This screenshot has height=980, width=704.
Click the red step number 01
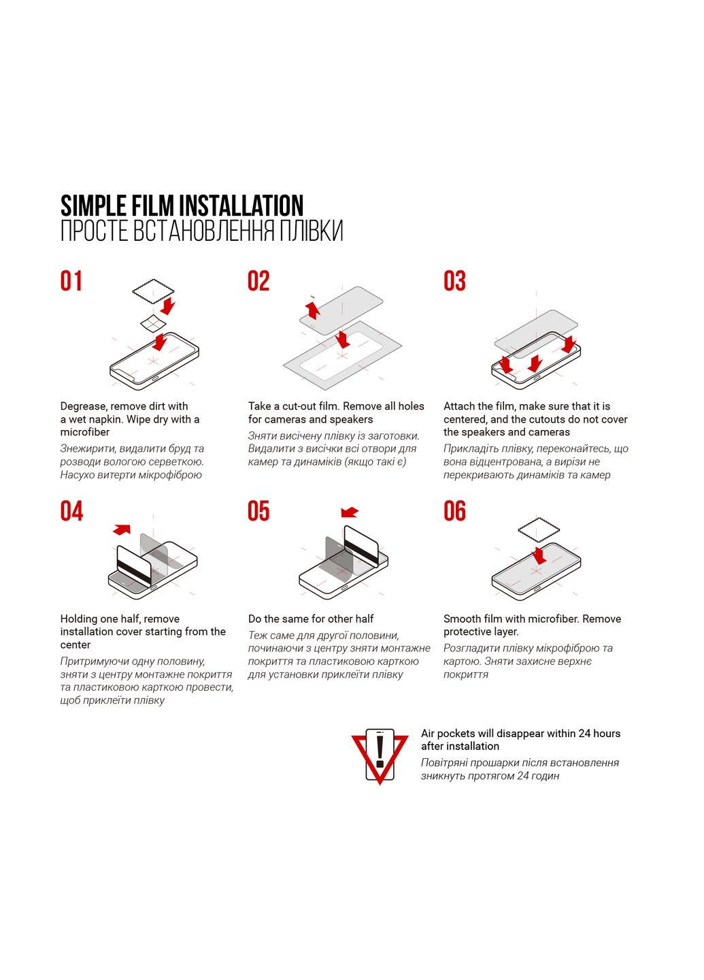(71, 281)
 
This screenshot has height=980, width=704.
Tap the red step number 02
(258, 281)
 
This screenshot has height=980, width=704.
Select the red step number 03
(454, 281)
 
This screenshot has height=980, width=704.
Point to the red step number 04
(71, 511)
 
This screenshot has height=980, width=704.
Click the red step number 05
(258, 511)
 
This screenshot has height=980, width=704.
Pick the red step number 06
(454, 511)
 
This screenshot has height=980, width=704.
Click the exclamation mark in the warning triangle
(380, 751)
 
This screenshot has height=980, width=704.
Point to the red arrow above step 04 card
(122, 529)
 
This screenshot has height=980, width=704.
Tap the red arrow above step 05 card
(350, 512)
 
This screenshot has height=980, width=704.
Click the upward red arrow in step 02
(313, 309)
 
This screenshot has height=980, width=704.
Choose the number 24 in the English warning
(585, 733)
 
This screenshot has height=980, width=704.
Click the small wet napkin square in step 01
(153, 323)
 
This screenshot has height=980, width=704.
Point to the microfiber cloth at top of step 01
(153, 291)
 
